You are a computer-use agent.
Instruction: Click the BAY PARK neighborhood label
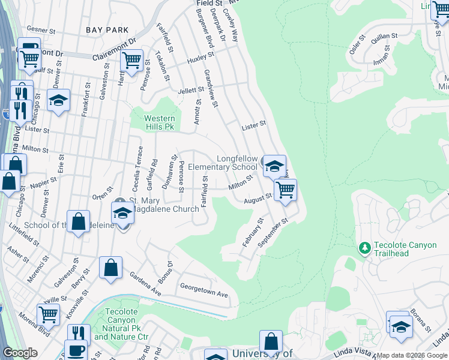(108, 29)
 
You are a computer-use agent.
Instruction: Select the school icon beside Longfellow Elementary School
(274, 166)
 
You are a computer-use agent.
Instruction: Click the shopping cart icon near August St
(285, 190)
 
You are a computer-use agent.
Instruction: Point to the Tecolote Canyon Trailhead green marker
(364, 247)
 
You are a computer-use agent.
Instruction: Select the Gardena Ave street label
(146, 283)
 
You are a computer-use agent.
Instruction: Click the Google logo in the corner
(20, 353)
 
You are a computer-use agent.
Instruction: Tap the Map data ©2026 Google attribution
(412, 356)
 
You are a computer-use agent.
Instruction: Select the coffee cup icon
(76, 350)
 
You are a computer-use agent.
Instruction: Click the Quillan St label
(382, 40)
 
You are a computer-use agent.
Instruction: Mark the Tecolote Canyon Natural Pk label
(122, 325)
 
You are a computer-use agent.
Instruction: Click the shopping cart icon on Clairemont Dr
(131, 60)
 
